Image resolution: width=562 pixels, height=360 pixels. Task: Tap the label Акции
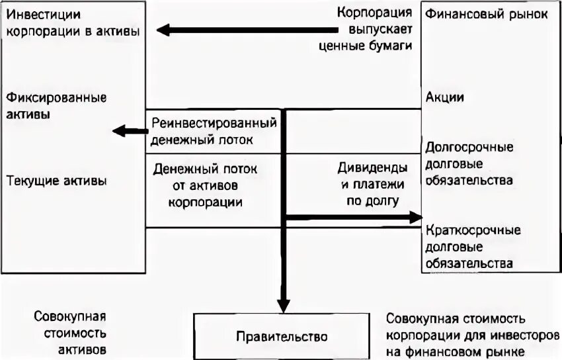click(445, 97)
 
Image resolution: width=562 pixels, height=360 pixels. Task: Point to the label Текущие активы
click(56, 180)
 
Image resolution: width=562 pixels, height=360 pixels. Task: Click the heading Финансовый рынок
click(487, 14)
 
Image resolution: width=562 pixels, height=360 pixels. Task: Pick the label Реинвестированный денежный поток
click(213, 132)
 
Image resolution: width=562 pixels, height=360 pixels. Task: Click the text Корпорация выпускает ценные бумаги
click(374, 29)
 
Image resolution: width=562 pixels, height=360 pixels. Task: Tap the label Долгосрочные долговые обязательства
click(469, 163)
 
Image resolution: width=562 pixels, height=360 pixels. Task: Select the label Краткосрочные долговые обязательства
click(473, 247)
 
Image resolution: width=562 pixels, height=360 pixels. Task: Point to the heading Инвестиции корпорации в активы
click(73, 22)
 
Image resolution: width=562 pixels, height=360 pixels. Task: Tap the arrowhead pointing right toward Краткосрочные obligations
click(416, 217)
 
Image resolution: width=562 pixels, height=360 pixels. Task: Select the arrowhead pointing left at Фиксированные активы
click(120, 131)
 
